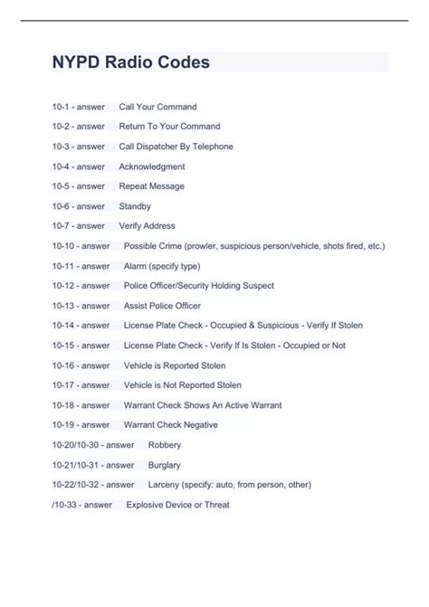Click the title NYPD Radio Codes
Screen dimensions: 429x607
click(x=131, y=62)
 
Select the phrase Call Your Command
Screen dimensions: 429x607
click(x=157, y=107)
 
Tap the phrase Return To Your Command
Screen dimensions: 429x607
click(x=169, y=127)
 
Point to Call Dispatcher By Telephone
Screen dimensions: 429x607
click(x=176, y=147)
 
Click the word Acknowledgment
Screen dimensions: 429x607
click(x=152, y=166)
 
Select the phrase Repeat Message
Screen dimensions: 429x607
click(x=151, y=186)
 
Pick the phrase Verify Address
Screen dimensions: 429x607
click(x=147, y=226)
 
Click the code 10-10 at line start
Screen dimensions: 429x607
click(x=64, y=246)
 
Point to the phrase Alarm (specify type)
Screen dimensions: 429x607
click(x=162, y=266)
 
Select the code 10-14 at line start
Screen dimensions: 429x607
click(x=64, y=326)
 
